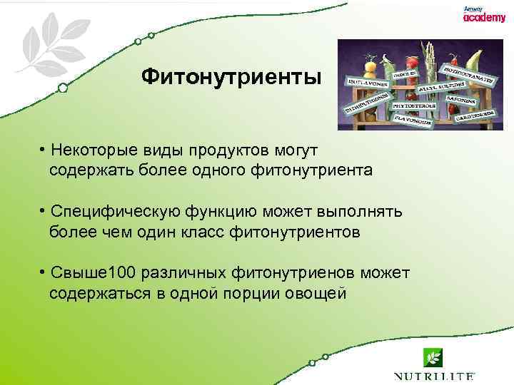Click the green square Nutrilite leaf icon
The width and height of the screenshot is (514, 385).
coord(433,356)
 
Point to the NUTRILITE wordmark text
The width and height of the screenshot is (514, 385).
coord(434,376)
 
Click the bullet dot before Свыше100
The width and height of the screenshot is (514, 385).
coord(44,273)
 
